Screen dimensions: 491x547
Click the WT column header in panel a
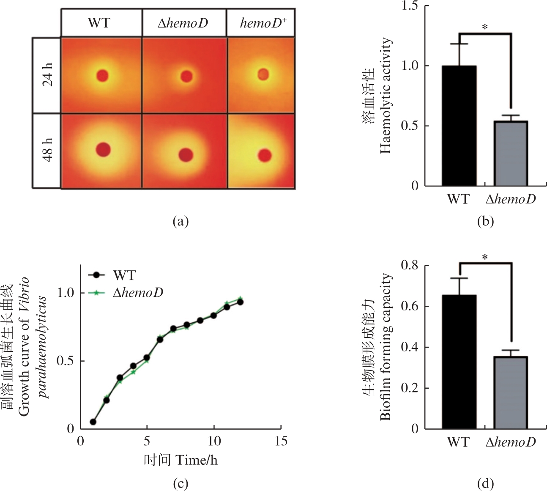point(99,23)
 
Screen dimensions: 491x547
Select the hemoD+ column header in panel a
point(263,23)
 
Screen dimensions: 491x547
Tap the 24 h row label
point(48,75)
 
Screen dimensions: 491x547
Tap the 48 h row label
point(48,150)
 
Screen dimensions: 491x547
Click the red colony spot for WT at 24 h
point(102,76)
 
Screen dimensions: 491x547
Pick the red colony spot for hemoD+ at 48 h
point(265,155)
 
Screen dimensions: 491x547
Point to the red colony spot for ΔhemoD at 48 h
point(186,155)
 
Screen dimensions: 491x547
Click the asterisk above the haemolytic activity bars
point(485,27)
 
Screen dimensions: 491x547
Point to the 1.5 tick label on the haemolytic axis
point(410,6)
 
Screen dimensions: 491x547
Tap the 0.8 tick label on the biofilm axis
point(410,266)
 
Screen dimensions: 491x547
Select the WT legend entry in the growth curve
point(124,275)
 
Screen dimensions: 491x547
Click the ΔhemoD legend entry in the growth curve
point(138,292)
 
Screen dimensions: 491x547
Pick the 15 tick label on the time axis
point(281,441)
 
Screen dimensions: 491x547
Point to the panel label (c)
point(181,483)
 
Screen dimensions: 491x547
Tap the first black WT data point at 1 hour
point(93,422)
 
